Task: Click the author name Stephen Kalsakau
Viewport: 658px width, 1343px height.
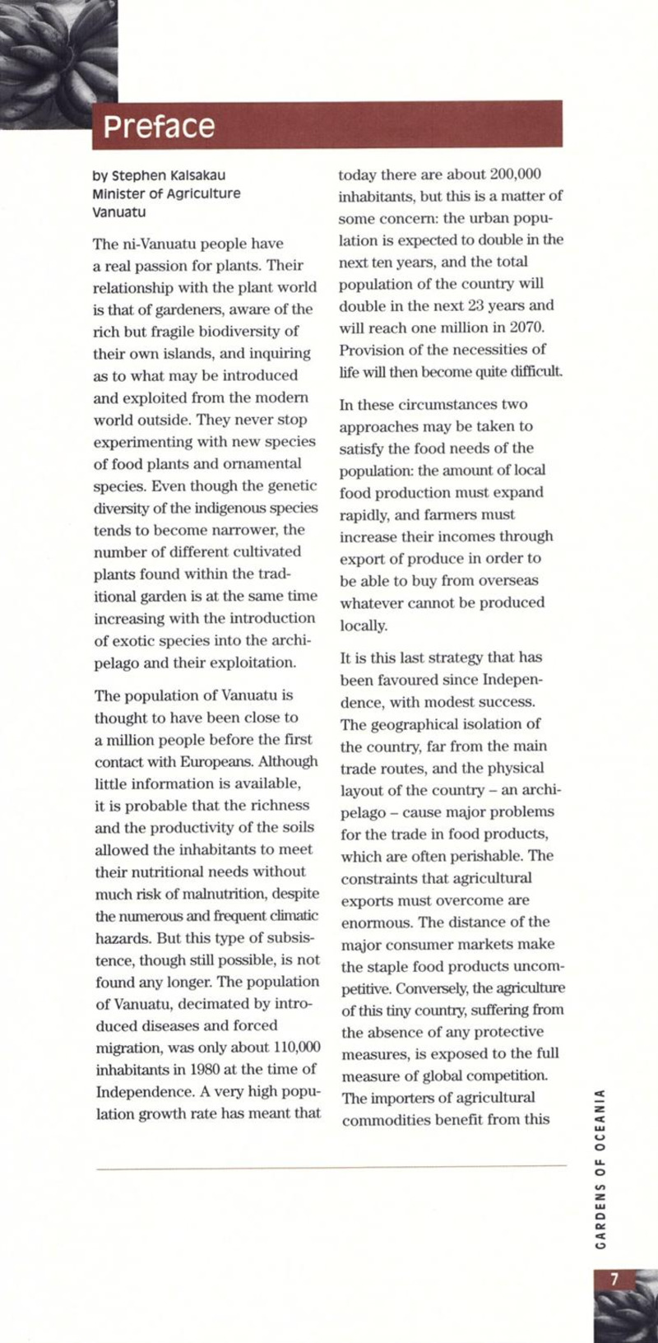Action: [169, 175]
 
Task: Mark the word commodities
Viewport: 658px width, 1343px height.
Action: [388, 1120]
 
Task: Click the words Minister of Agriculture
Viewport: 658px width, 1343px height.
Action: [167, 193]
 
